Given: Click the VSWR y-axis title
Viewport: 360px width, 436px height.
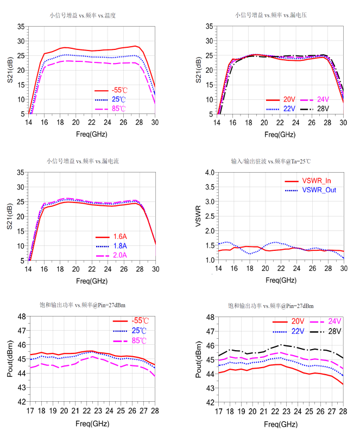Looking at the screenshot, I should pos(199,216).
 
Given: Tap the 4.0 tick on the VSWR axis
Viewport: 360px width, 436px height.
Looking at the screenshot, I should pos(209,173).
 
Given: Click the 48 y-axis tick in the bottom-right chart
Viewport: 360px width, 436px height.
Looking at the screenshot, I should pos(208,317).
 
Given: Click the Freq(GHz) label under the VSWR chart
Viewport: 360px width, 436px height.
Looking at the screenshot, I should pos(281,280).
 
